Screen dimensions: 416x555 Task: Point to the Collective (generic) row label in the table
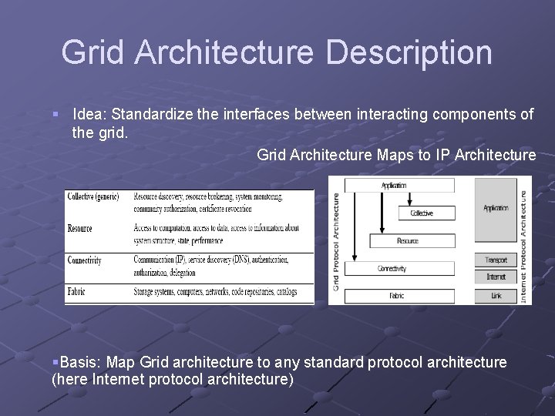pyautogui.click(x=93, y=196)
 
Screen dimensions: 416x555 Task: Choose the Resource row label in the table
pyautogui.click(x=80, y=228)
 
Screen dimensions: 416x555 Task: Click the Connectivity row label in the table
pyautogui.click(x=85, y=260)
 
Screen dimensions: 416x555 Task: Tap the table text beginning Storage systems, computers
pyautogui.click(x=213, y=291)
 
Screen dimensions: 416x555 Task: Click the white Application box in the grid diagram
pyautogui.click(x=394, y=185)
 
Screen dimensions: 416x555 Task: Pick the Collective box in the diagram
pyautogui.click(x=421, y=213)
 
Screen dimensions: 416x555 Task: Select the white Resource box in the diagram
pyautogui.click(x=407, y=240)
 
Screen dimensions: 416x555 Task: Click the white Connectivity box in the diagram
pyautogui.click(x=392, y=268)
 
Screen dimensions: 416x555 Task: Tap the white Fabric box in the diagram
pyautogui.click(x=396, y=295)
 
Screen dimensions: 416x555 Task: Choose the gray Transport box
pyautogui.click(x=496, y=260)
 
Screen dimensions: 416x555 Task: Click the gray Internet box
pyautogui.click(x=496, y=277)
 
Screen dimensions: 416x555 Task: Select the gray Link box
pyautogui.click(x=496, y=295)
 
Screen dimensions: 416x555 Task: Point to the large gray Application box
pyautogui.click(x=496, y=208)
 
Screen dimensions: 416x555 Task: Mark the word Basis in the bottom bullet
pyautogui.click(x=79, y=362)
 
